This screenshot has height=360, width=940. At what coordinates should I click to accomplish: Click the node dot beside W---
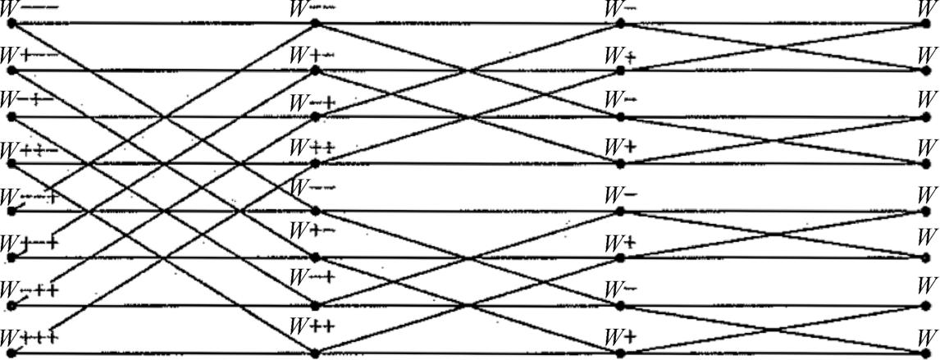coord(11,23)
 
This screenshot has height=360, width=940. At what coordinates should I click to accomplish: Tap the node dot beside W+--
coord(11,70)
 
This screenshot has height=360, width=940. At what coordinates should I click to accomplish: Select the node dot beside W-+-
coord(11,116)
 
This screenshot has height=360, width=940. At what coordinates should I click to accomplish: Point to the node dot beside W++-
coord(11,163)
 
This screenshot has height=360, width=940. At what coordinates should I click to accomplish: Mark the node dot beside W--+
coord(11,211)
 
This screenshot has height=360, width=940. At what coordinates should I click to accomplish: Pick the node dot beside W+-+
coord(11,257)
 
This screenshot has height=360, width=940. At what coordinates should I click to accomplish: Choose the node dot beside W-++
coord(11,305)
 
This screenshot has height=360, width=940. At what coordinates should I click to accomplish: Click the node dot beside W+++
coord(11,353)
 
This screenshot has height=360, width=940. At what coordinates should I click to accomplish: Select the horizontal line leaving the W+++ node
coord(164,353)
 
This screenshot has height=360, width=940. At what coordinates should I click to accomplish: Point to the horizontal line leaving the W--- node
coord(164,23)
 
